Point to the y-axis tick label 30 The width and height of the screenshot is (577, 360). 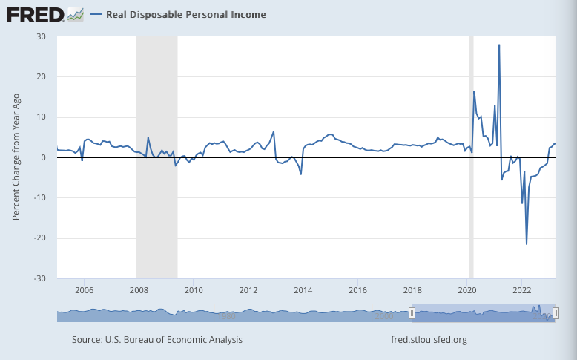[x=42, y=36]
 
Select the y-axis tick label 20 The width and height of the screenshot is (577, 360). [x=42, y=76]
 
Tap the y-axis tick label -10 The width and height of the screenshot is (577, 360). [x=40, y=197]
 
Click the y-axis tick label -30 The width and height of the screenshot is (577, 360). [x=40, y=278]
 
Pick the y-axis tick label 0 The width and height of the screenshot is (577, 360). [x=44, y=157]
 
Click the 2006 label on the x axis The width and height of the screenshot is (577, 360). [x=84, y=289]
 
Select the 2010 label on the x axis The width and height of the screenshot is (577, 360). [x=193, y=289]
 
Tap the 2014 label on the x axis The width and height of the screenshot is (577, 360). [x=303, y=289]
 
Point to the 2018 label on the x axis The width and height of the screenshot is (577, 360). [x=412, y=289]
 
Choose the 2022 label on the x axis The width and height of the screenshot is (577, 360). [x=522, y=289]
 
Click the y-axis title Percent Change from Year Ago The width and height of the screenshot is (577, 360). [x=16, y=157]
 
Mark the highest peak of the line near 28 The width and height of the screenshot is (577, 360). [x=499, y=45]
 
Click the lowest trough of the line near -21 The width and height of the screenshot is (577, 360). [x=527, y=243]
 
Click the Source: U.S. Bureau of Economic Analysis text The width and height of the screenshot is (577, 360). [x=157, y=340]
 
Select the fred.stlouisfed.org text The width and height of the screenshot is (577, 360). [x=429, y=340]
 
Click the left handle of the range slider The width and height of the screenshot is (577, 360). [x=412, y=315]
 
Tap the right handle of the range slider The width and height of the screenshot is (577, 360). [x=555, y=315]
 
